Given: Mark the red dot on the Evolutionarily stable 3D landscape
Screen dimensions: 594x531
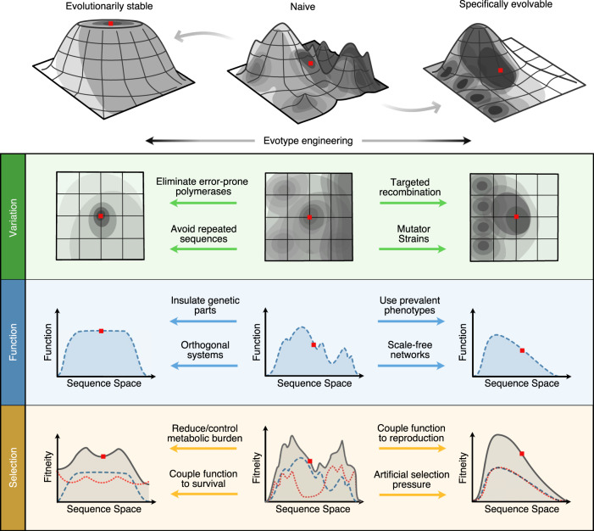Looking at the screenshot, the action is tap(111, 24).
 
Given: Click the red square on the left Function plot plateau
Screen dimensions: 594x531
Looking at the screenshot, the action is tap(101, 331).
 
